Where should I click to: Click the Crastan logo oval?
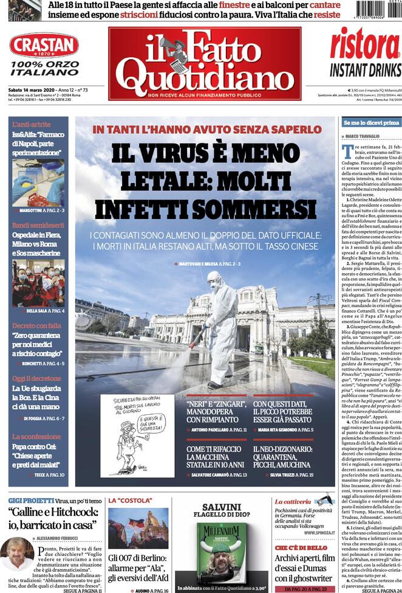[x=44, y=45]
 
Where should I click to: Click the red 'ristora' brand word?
[x=365, y=44]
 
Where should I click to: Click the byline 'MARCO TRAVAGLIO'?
[x=366, y=137]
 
